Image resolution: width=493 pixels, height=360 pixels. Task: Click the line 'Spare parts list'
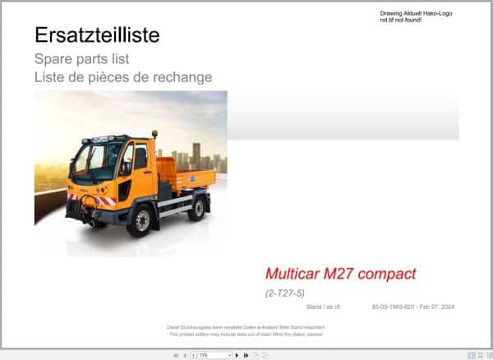point(81,59)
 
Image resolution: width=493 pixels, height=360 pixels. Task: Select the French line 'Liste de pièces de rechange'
point(123,77)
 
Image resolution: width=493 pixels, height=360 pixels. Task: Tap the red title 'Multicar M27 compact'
point(340,274)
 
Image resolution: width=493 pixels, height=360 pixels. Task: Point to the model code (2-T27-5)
point(284,293)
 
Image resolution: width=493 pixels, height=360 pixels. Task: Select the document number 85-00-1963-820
point(392,307)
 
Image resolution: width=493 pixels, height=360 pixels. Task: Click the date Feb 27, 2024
point(437,307)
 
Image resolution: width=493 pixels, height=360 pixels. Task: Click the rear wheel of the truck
point(196,209)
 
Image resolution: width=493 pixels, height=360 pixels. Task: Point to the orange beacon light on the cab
point(154,133)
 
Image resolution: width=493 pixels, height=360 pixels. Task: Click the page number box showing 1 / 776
point(211,355)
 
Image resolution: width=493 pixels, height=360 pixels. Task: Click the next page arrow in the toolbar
point(237,355)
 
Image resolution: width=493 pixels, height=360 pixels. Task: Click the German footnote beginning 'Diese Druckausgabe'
point(246,327)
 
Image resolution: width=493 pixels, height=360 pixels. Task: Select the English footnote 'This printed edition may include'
point(246,334)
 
